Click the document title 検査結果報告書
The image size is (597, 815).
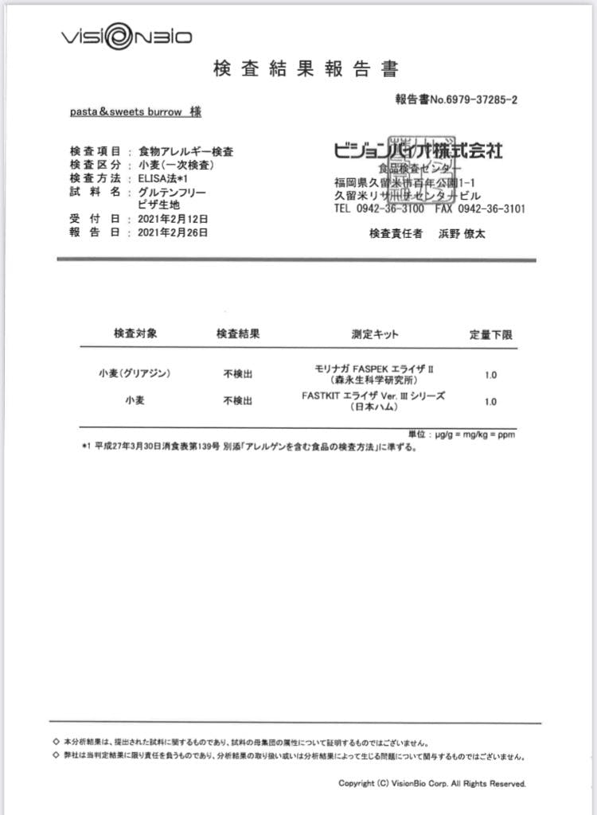[306, 69]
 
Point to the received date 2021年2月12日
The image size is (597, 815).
[173, 218]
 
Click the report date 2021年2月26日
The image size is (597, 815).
[173, 232]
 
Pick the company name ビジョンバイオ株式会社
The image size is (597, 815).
[418, 150]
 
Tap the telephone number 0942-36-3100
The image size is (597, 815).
[395, 209]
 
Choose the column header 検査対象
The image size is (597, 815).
[135, 333]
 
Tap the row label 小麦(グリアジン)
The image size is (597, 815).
[135, 372]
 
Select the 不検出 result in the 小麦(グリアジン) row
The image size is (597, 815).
[238, 373]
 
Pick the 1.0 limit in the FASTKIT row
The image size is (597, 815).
[490, 402]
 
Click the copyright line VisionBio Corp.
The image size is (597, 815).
[432, 783]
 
